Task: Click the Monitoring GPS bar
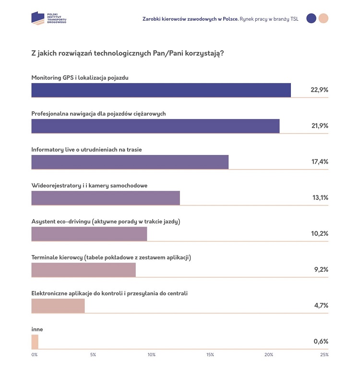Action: (x=161, y=90)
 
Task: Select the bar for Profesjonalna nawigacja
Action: (x=155, y=126)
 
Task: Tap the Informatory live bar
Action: (x=130, y=162)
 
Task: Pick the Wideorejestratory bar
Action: (x=106, y=198)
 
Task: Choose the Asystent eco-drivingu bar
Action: (x=89, y=234)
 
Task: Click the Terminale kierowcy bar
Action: (x=84, y=270)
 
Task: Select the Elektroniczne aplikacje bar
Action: (x=58, y=306)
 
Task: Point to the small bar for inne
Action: (x=35, y=342)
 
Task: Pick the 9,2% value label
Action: (x=320, y=270)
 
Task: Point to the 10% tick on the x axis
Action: (x=152, y=355)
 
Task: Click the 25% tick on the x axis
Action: (x=324, y=355)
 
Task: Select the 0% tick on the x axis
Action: (x=35, y=355)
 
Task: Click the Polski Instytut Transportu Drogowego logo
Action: (x=48, y=19)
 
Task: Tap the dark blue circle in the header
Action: (x=311, y=19)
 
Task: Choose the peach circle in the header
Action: (x=324, y=19)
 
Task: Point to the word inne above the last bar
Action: (x=37, y=329)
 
